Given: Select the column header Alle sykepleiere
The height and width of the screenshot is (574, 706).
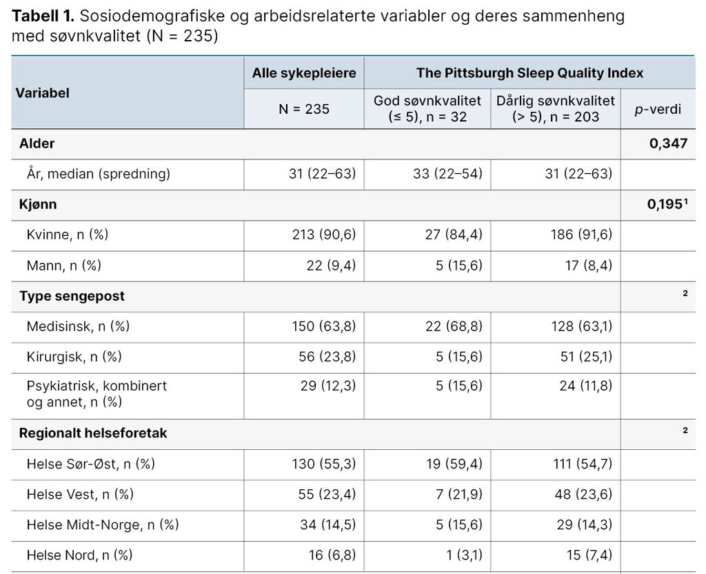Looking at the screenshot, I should pyautogui.click(x=304, y=73).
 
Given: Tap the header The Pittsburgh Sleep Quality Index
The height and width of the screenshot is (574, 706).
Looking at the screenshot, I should pyautogui.click(x=529, y=73).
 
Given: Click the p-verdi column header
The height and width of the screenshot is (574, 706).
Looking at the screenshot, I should pyautogui.click(x=658, y=109).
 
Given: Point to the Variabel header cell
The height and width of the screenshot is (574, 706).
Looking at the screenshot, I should pyautogui.click(x=43, y=92).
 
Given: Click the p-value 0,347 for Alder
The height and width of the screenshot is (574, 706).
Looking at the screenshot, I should pyautogui.click(x=667, y=143).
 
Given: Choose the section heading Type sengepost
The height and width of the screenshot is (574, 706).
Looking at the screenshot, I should pyautogui.click(x=72, y=296).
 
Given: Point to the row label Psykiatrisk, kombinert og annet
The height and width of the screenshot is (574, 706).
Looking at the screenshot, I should pyautogui.click(x=97, y=393).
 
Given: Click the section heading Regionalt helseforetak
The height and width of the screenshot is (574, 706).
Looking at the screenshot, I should pyautogui.click(x=93, y=433).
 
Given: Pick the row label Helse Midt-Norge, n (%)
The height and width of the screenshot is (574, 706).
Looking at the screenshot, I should pyautogui.click(x=103, y=525).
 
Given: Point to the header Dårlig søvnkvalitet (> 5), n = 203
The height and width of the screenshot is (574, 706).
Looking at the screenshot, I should pyautogui.click(x=556, y=109).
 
